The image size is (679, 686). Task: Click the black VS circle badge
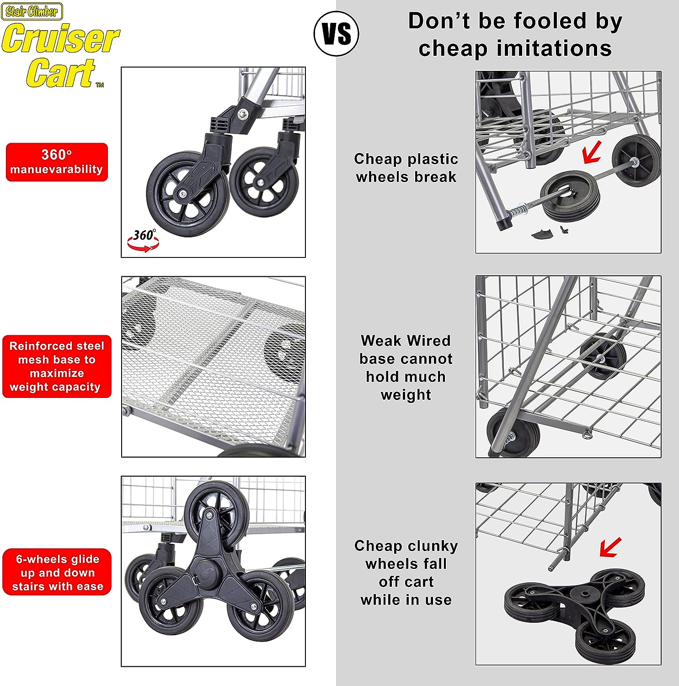coord(337,34)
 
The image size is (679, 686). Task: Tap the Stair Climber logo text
coord(32,11)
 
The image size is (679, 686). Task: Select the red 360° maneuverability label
coord(57,162)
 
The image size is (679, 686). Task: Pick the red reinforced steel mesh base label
coord(57,366)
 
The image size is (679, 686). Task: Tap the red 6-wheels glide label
coord(57,572)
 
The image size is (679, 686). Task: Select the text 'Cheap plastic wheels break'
coord(406,168)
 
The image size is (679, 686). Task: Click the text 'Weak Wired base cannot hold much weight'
coord(406,368)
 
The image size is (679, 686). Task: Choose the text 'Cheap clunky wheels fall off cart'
coord(406,563)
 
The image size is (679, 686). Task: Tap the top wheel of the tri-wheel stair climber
coord(217,508)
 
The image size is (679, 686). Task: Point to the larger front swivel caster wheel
coord(187,194)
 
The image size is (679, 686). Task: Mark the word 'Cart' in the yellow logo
coord(60,73)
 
